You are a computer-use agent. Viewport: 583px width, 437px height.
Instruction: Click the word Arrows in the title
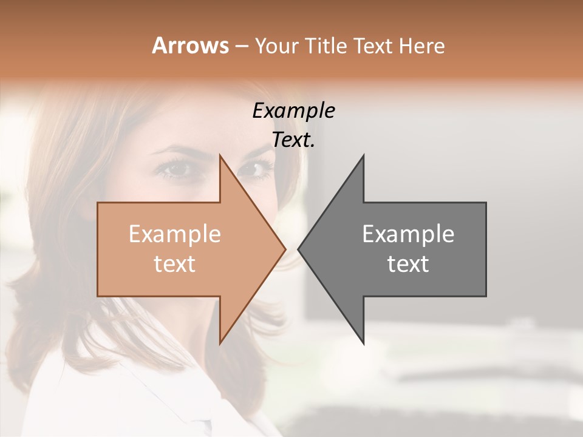[190, 46]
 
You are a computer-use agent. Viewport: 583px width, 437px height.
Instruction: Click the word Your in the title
[276, 46]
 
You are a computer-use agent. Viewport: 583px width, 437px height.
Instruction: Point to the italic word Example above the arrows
[293, 111]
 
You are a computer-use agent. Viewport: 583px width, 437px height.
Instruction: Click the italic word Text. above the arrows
[293, 140]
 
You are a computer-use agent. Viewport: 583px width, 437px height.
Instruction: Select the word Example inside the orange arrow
[175, 234]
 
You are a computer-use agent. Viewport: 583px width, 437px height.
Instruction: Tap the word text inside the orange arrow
[175, 264]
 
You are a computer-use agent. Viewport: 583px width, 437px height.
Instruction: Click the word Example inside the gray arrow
[408, 234]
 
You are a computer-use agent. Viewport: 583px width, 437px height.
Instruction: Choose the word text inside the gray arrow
[408, 264]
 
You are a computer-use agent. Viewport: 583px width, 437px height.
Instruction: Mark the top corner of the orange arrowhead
[220, 156]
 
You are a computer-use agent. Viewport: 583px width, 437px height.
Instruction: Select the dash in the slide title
[241, 47]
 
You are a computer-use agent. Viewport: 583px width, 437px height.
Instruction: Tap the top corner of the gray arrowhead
[363, 156]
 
